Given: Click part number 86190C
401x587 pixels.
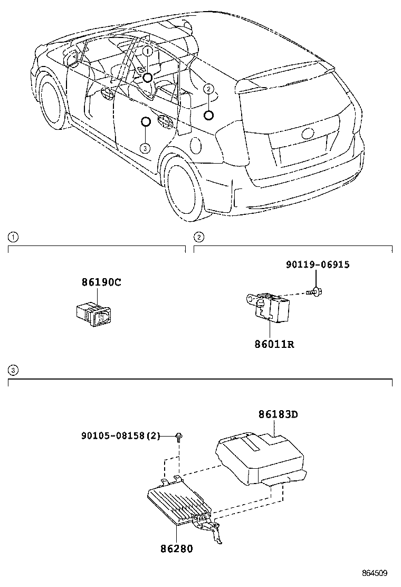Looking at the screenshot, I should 101,282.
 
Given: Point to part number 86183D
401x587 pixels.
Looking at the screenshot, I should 278,414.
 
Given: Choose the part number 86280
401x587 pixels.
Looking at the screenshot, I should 176,548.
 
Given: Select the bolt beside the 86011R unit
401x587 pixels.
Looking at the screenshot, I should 316,291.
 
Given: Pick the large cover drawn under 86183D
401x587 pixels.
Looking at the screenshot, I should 259,456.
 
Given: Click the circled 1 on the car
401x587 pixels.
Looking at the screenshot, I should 148,51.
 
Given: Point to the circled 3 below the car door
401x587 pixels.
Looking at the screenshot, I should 146,148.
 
